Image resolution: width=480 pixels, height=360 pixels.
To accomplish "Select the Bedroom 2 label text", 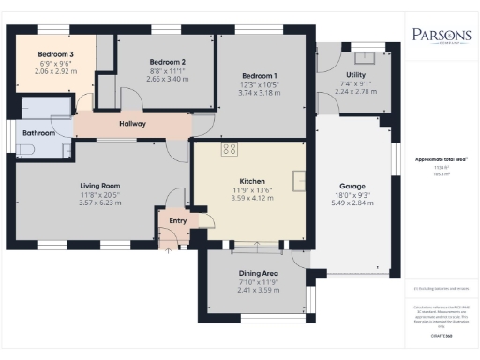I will (x=168, y=62).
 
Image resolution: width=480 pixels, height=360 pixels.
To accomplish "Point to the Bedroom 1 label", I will (x=260, y=76).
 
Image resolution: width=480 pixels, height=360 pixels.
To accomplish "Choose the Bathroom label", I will (x=39, y=132).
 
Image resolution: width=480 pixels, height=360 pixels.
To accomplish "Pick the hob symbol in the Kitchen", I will (x=228, y=148).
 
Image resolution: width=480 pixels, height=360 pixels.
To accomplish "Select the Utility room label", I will (x=355, y=73).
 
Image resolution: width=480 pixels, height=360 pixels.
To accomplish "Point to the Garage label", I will (x=352, y=186).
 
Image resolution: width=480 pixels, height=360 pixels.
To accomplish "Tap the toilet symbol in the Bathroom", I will (x=67, y=149).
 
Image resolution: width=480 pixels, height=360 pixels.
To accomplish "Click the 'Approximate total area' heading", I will (x=440, y=159).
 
